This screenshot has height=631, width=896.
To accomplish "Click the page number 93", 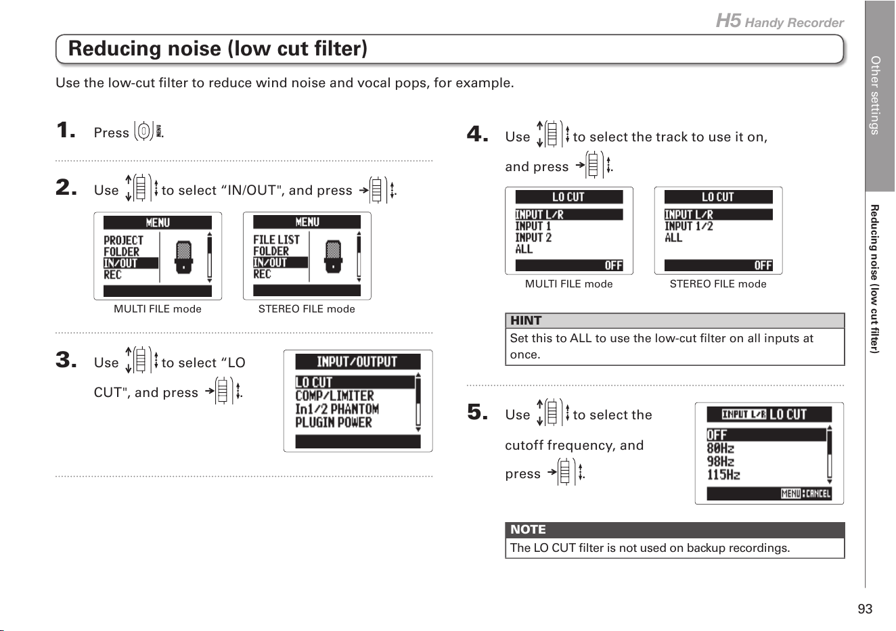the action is tap(865, 609).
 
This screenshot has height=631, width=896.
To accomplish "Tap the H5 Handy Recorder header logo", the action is tap(780, 21).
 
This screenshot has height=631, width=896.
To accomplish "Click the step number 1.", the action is tap(66, 131).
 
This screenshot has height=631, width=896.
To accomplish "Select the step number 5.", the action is tap(477, 413).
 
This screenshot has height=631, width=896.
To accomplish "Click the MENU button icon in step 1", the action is tap(148, 131).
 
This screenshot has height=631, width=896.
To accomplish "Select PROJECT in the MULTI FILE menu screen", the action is tap(123, 240).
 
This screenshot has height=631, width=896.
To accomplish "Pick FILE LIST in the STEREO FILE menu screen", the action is tap(276, 239).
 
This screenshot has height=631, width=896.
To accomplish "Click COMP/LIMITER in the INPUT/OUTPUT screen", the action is tap(334, 396).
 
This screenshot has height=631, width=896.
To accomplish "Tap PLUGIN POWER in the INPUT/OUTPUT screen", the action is tap(334, 422).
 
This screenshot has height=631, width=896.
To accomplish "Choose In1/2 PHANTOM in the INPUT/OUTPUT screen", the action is tap(337, 409).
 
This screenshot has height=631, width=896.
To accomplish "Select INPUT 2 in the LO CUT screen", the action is tap(533, 237).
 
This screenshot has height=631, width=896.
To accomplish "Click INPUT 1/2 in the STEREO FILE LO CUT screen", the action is tap(689, 227).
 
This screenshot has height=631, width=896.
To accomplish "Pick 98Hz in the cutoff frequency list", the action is tap(721, 461).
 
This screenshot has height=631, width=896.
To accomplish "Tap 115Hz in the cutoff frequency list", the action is tap(723, 475).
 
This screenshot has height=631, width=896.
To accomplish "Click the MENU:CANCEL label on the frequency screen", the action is tap(805, 494).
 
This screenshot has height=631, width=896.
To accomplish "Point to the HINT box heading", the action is tap(526, 321).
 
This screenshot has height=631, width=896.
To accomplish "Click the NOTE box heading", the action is tap(528, 530).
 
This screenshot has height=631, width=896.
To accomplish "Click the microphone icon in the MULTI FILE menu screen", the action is tap(183, 257).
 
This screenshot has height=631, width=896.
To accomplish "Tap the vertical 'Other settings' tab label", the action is tap(876, 95).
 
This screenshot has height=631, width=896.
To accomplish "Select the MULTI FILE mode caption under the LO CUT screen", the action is tap(568, 284).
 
